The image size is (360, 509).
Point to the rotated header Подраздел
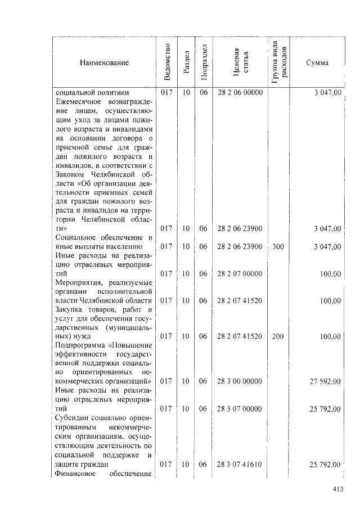tap(204, 62)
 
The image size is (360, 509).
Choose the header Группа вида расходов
tap(280, 62)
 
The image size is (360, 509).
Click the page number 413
tap(337, 489)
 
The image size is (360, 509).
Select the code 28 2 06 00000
tap(240, 93)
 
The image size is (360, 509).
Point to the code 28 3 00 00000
tap(240, 381)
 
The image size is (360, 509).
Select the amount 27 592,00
tap(325, 381)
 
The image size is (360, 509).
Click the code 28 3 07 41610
tap(240, 465)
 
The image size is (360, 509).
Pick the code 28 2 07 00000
tap(240, 274)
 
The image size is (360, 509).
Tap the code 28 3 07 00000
tap(240, 409)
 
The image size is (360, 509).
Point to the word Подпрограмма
tap(80, 345)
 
